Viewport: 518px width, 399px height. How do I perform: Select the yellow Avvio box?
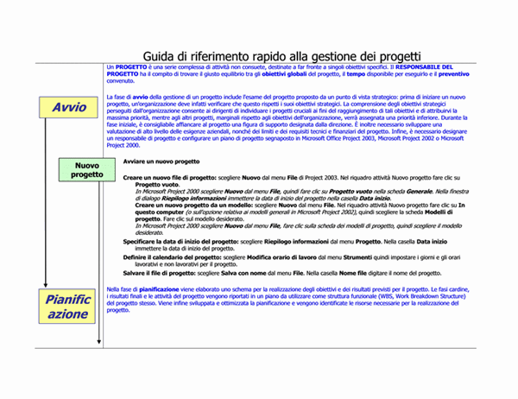[69, 108]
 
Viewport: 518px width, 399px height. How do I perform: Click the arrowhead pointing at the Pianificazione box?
[47, 286]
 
